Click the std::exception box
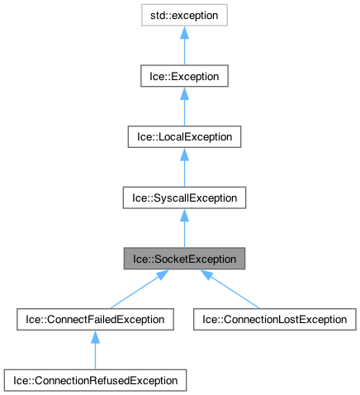(183, 15)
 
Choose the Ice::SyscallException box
(183, 198)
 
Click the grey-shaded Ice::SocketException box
(183, 259)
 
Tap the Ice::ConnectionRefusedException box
(94, 381)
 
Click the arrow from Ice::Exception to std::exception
(183, 45)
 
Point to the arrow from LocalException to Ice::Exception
(183, 107)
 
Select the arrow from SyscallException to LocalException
(183, 168)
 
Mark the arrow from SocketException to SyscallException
(183, 229)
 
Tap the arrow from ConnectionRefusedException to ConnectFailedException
(94, 350)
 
